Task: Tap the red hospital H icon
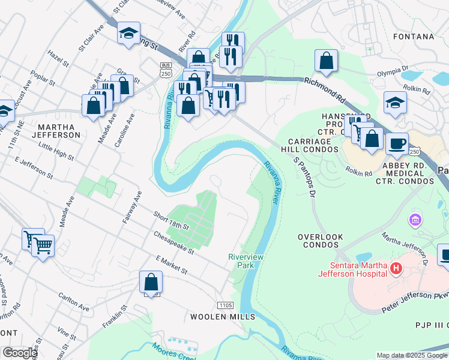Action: (x=396, y=268)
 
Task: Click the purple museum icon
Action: (x=414, y=221)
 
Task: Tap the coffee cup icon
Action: (x=397, y=144)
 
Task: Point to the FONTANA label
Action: (x=413, y=37)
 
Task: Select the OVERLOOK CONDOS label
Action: (x=321, y=241)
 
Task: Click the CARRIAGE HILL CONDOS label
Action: (x=306, y=145)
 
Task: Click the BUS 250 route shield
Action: (x=166, y=68)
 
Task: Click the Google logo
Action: (x=19, y=353)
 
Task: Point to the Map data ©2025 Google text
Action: (x=411, y=355)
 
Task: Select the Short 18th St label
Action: (x=170, y=221)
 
